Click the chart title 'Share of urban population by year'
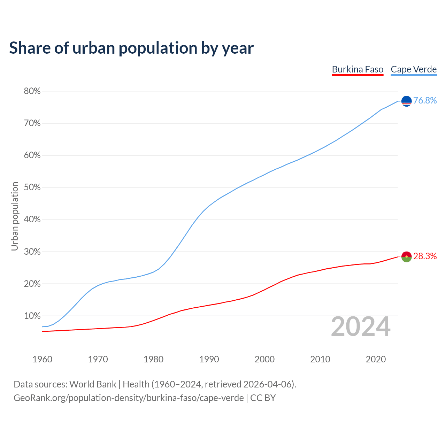pos(131,48)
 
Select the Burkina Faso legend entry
pos(357,69)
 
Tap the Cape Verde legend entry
pos(414,69)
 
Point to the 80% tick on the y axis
pos(32,91)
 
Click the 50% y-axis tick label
pos(32,187)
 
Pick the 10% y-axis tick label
pos(32,316)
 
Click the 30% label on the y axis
pos(32,252)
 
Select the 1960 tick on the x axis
pos(43,359)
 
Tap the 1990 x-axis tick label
pos(209,359)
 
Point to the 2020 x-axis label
pos(376,359)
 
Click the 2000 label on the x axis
pos(264,359)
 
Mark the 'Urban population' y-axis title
pos(15,216)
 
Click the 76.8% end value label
pos(425,101)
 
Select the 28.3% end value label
pos(425,256)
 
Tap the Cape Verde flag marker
pos(407,101)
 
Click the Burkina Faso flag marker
pos(407,257)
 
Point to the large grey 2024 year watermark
pos(361,327)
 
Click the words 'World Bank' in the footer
pos(93,384)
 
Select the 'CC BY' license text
pos(263,398)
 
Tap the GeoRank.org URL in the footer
pos(129,398)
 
